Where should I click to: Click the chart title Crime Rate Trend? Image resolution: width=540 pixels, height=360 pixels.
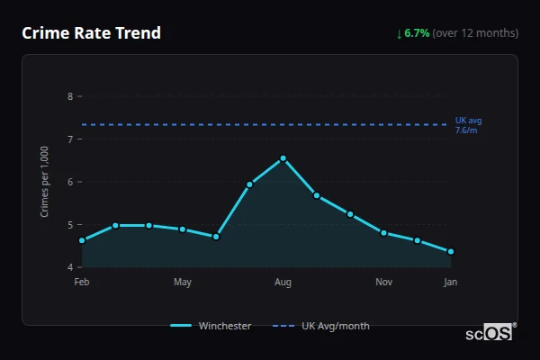click(91, 33)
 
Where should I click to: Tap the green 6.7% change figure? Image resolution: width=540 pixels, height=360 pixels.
click(418, 33)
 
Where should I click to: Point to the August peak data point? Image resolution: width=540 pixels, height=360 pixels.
click(283, 158)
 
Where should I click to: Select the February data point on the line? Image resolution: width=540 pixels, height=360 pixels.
click(82, 240)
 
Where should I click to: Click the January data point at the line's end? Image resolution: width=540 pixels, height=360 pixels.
click(451, 252)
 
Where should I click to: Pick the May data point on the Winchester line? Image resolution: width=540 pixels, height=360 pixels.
click(183, 229)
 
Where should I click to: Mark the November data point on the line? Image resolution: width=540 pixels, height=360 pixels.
click(383, 233)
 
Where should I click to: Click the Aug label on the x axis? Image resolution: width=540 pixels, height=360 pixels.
click(283, 283)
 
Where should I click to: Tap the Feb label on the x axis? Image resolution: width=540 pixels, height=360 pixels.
click(82, 283)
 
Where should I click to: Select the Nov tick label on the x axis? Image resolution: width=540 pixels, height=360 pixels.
click(383, 283)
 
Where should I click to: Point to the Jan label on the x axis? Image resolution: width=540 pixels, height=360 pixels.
click(451, 283)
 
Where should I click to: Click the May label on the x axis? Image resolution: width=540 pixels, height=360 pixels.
click(183, 283)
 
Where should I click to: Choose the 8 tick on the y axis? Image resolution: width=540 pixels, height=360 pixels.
click(70, 96)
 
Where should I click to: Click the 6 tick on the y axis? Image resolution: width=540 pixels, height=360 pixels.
click(70, 182)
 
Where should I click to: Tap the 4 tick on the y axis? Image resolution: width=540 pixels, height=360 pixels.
click(70, 267)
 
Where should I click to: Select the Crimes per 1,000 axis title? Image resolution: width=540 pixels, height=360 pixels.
click(44, 182)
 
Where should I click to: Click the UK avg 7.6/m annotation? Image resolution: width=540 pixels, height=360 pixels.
click(469, 125)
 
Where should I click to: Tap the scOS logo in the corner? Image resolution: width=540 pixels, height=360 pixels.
click(490, 332)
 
